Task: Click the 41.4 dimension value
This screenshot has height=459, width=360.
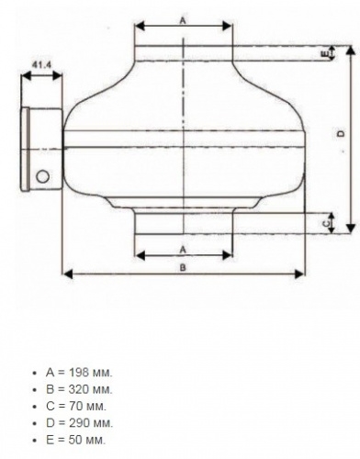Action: (41, 65)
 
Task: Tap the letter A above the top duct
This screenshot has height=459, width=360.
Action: (183, 20)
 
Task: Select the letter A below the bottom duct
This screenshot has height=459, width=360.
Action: (183, 250)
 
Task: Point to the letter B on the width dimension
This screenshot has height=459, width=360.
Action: (183, 268)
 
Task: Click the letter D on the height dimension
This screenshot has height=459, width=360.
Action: (341, 133)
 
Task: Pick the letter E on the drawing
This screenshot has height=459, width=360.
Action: (325, 54)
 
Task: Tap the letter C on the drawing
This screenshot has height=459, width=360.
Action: (326, 224)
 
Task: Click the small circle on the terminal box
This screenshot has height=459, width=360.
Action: (42, 176)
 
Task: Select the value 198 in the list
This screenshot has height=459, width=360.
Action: (79, 373)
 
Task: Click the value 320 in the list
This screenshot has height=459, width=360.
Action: (79, 389)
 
